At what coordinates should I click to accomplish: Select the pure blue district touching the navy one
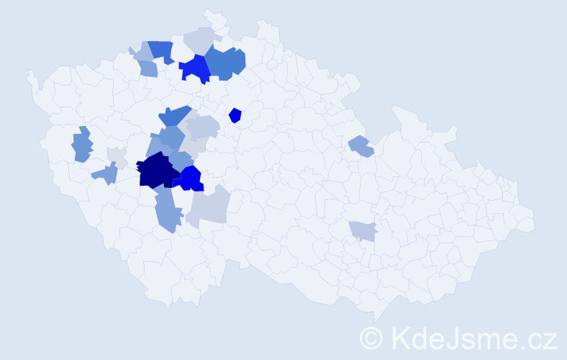[191, 178]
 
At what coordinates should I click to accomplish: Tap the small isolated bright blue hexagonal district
[235, 114]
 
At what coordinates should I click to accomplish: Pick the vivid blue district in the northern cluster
[194, 68]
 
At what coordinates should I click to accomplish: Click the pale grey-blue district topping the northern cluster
[201, 39]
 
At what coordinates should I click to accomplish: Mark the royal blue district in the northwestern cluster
[163, 50]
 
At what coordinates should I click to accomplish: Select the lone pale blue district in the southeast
[363, 230]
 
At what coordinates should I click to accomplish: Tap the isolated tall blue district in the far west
[82, 144]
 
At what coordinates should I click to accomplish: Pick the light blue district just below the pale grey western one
[106, 174]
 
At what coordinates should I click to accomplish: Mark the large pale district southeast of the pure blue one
[209, 206]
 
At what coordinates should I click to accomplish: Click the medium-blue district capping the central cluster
[175, 115]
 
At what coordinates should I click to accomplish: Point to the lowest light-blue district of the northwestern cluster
[148, 68]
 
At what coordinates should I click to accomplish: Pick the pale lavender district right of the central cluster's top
[202, 127]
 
